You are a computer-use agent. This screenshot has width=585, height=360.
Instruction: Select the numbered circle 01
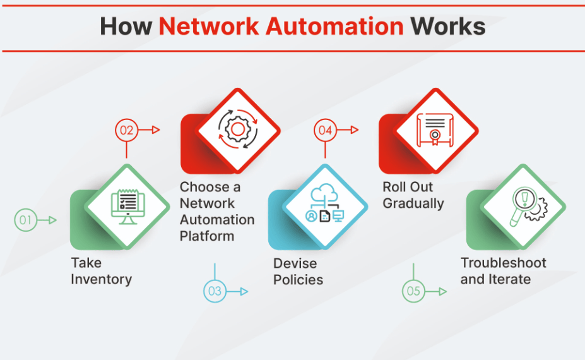click(x=25, y=220)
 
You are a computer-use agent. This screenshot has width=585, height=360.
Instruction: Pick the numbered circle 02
click(x=126, y=130)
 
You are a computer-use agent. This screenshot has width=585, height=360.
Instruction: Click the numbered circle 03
click(x=215, y=291)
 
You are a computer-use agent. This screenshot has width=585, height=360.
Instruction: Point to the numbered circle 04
click(x=325, y=130)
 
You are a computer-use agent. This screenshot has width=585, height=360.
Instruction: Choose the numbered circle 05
click(x=413, y=291)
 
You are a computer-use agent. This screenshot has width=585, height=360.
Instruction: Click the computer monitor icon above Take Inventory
click(x=127, y=206)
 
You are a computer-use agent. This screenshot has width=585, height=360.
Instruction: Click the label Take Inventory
click(x=101, y=271)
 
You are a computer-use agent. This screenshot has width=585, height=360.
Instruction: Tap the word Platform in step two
click(x=206, y=236)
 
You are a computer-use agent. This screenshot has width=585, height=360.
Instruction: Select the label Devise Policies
click(x=298, y=272)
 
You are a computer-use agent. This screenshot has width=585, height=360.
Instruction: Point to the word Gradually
click(x=413, y=203)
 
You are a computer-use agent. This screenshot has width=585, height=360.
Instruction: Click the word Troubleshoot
click(x=503, y=263)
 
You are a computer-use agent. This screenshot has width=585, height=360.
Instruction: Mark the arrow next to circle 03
click(x=239, y=291)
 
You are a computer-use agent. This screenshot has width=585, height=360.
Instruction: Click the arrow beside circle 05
click(x=437, y=291)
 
